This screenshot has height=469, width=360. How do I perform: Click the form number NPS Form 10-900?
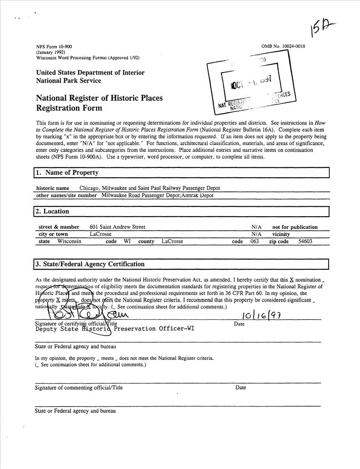tap(54, 46)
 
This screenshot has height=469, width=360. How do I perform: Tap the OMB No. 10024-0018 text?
tap(283, 46)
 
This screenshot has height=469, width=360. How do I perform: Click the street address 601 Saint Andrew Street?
tap(117, 227)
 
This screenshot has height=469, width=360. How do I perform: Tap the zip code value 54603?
tap(305, 242)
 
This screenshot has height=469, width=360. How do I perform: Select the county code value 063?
tap(254, 242)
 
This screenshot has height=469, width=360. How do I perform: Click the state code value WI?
tap(127, 242)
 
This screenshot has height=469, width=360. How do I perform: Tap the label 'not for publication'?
tap(295, 227)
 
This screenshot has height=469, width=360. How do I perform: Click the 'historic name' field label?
tap(53, 188)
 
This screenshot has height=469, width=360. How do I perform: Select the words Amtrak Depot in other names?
tap(197, 195)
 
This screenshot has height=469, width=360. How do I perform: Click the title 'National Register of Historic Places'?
tap(99, 98)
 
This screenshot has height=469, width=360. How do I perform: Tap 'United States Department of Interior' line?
tap(90, 73)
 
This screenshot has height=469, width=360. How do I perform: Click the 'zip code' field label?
tap(279, 242)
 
